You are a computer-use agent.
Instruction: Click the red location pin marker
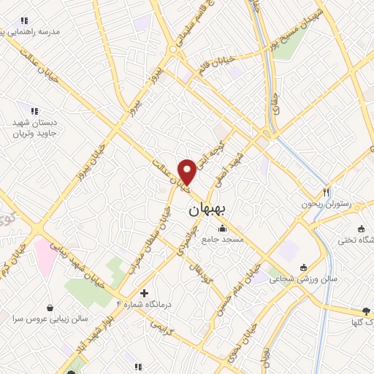click(187, 172)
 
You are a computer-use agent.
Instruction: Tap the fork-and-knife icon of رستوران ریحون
click(327, 191)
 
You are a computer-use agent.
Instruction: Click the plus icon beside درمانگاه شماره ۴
click(144, 293)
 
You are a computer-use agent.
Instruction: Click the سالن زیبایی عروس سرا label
click(50, 319)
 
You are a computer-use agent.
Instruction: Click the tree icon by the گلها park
click(366, 310)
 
